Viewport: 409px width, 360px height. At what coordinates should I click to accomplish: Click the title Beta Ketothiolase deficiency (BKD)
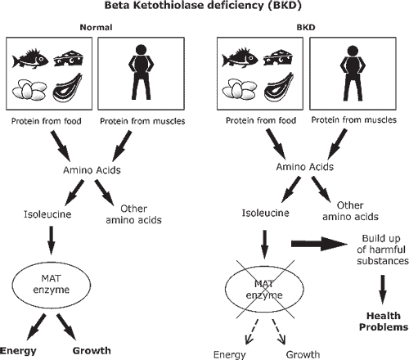(x=203, y=6)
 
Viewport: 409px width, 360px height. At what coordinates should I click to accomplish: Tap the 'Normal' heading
(x=96, y=27)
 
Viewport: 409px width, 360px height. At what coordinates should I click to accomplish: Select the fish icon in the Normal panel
(x=30, y=59)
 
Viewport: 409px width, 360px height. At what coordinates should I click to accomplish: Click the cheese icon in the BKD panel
(x=278, y=58)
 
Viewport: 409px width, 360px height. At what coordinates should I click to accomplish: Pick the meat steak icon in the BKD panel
(x=279, y=87)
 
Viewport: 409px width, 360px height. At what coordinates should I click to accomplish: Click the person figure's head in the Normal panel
(x=141, y=50)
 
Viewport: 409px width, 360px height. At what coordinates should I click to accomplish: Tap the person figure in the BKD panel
(x=353, y=73)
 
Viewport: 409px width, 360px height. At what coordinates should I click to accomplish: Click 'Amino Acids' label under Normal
(x=92, y=170)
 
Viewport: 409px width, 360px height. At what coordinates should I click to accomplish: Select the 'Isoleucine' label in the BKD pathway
(x=265, y=213)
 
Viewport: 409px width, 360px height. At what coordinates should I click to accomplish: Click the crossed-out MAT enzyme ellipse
(x=264, y=289)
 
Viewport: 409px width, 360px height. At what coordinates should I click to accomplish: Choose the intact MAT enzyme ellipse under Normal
(x=52, y=284)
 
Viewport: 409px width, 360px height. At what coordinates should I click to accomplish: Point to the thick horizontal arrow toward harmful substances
(x=319, y=244)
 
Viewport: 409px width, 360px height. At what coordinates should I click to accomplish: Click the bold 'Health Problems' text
(x=384, y=322)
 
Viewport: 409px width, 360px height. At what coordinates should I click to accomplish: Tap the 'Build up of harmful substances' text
(x=383, y=250)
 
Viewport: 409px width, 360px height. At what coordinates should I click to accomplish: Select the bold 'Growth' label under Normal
(x=92, y=350)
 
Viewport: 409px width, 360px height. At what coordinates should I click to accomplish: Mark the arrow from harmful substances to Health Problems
(x=383, y=290)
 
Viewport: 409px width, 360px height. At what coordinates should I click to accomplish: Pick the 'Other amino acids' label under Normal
(x=133, y=214)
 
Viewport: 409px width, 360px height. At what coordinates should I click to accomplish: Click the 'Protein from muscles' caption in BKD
(x=353, y=120)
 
